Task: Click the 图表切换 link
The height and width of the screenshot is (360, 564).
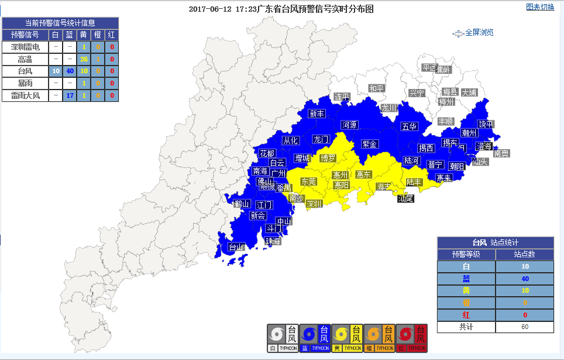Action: tap(539, 7)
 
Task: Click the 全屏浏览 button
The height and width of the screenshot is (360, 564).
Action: tap(474, 33)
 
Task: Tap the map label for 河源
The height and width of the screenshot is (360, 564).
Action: tap(350, 125)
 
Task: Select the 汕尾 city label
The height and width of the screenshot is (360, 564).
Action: tap(405, 198)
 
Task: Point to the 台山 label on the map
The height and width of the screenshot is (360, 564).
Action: tap(236, 247)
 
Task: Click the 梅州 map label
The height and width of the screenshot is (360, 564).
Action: tap(446, 101)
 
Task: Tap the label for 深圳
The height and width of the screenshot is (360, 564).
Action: tap(314, 204)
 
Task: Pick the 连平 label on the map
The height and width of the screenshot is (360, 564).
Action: tap(342, 97)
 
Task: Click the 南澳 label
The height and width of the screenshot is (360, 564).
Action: tap(501, 153)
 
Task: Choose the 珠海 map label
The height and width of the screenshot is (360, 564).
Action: tap(273, 241)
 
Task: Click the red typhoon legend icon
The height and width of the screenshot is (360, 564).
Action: tap(412, 339)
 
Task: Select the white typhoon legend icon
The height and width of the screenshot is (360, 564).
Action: tap(283, 339)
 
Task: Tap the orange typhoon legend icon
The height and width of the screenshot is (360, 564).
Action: tap(380, 339)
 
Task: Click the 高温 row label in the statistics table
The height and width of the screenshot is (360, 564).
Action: tap(25, 59)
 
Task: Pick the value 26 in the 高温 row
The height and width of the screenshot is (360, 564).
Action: tap(84, 59)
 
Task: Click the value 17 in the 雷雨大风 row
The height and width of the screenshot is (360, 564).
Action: tap(70, 95)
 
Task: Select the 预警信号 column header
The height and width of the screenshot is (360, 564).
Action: tap(25, 35)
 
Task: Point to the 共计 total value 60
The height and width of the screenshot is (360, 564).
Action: tap(524, 327)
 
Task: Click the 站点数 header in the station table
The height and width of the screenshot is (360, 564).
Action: tap(524, 254)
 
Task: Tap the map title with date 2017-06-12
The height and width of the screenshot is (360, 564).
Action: tap(281, 9)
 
